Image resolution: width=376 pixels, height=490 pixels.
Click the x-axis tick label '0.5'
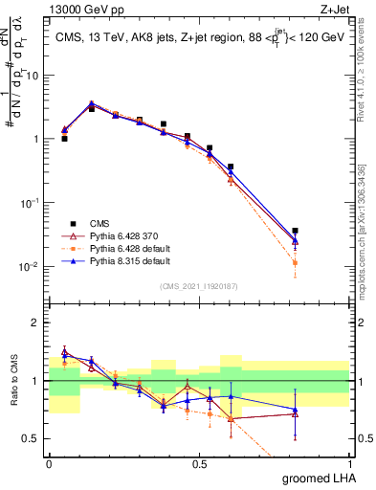tap(199, 464)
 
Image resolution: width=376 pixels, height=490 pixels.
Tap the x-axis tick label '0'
tap(49, 464)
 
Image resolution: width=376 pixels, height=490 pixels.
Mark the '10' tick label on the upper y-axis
tap(33, 75)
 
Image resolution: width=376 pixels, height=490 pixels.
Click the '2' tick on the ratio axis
tap(36, 323)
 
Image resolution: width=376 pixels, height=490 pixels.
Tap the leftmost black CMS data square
tap(64, 139)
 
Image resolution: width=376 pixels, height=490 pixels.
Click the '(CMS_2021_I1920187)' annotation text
tap(198, 284)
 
